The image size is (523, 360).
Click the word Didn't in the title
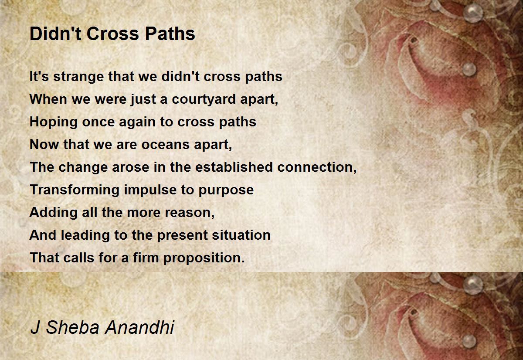[x=55, y=34]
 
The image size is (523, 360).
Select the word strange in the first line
[x=78, y=77]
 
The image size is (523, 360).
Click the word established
[x=234, y=167]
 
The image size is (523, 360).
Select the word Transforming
[x=75, y=190]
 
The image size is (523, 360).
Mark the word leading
[x=85, y=235]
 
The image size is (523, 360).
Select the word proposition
[x=204, y=258]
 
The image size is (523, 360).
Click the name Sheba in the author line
[x=73, y=327]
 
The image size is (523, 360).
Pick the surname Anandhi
[x=140, y=327]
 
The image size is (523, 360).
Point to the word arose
[x=130, y=168]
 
